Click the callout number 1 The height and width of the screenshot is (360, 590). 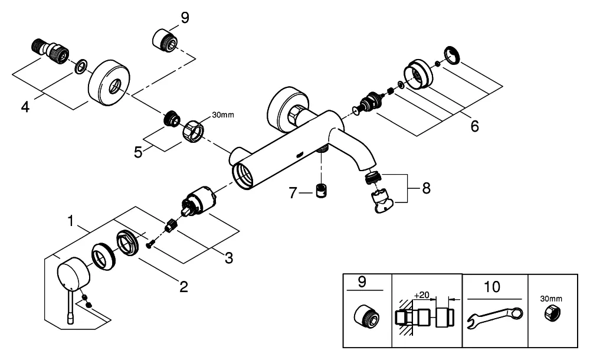pos(71,222)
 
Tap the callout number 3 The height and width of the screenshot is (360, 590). pos(228,257)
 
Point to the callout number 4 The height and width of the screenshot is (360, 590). pos(25,107)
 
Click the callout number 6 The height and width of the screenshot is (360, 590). pos(475,126)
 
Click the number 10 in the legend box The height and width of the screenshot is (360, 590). pos(492,287)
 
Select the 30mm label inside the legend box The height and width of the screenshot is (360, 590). pos(552,299)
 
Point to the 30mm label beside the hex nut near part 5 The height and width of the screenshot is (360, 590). pos(222,114)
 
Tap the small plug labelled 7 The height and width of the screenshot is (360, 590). pos(322,191)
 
